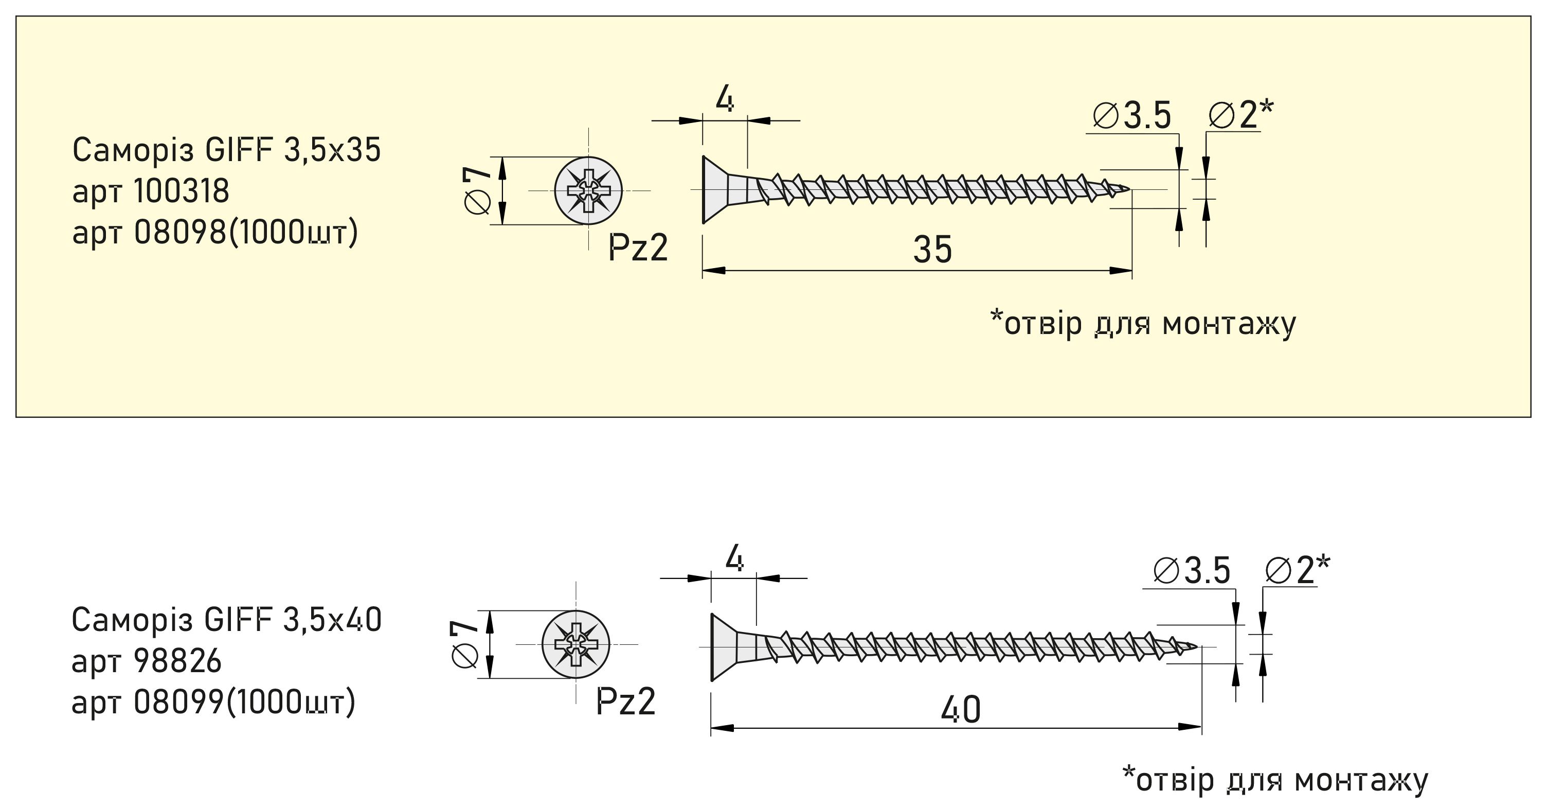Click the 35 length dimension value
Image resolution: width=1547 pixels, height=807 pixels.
932,250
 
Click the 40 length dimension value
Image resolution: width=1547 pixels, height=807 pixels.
961,710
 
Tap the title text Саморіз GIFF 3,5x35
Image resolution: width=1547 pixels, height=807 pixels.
226,150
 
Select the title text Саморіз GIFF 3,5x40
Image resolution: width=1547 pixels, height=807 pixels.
226,620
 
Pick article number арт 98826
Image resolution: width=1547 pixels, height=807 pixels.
147,661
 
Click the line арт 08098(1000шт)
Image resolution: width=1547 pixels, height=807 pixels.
215,233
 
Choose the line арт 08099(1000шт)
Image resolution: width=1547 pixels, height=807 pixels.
214,702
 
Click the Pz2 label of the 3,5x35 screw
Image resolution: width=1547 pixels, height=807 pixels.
638,247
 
